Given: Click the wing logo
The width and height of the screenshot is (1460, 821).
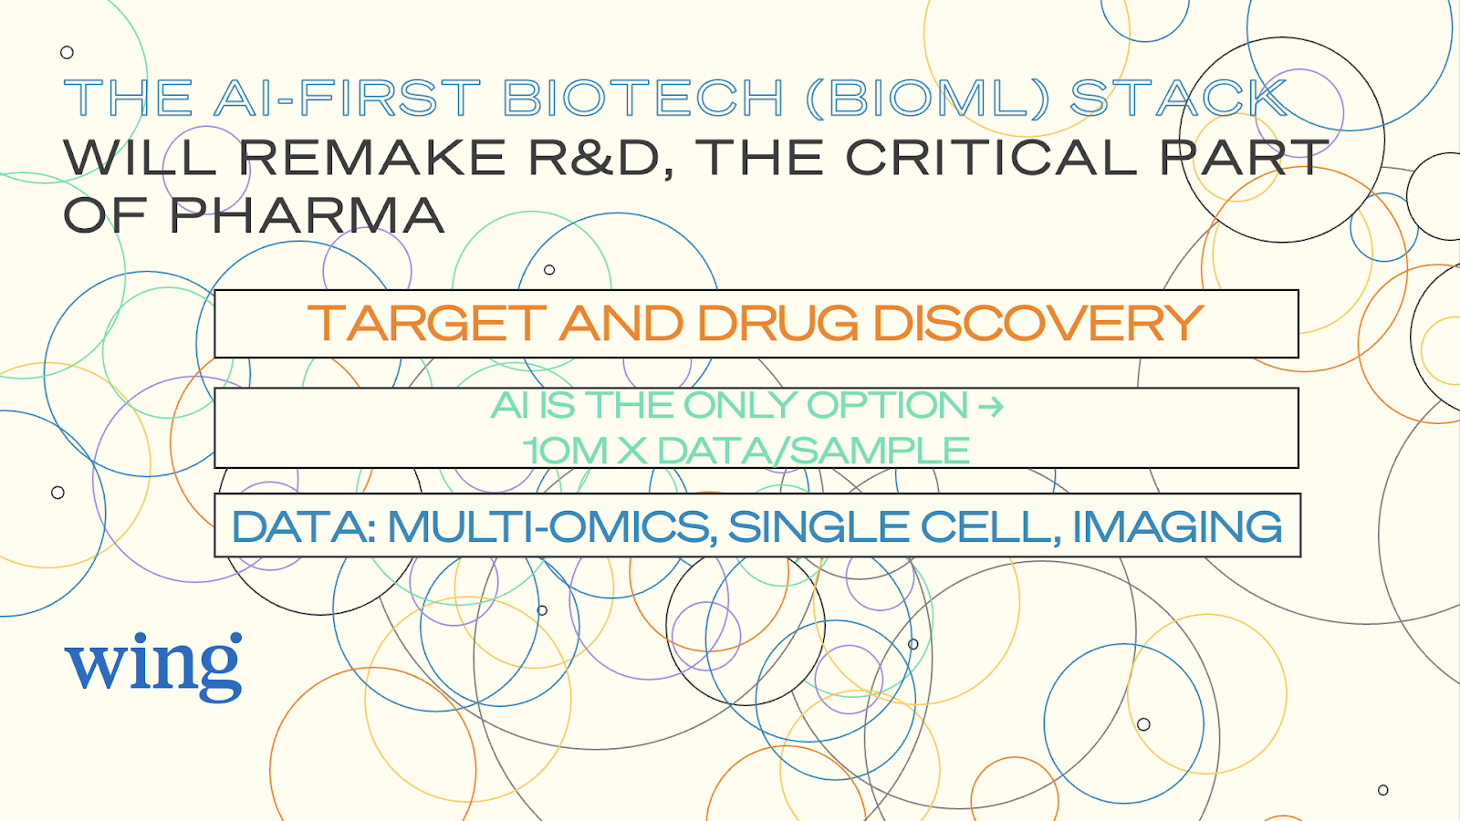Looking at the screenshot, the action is (x=153, y=667).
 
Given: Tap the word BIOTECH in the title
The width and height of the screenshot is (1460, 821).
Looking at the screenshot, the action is (x=643, y=98).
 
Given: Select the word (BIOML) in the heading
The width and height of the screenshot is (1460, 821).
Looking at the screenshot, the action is (x=926, y=98).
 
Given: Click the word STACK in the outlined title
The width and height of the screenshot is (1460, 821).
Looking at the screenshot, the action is (x=1179, y=98).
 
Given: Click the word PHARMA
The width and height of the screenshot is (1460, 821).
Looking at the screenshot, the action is (x=307, y=215).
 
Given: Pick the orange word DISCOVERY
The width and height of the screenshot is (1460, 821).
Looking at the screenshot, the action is (x=1038, y=323).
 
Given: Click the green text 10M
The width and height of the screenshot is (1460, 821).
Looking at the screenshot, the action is (x=565, y=451).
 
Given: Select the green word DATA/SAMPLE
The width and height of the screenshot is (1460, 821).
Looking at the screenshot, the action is (x=813, y=451).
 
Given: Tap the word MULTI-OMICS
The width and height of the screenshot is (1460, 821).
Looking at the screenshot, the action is (x=548, y=526).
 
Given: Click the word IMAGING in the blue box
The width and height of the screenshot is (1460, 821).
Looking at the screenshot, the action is (x=1177, y=526).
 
